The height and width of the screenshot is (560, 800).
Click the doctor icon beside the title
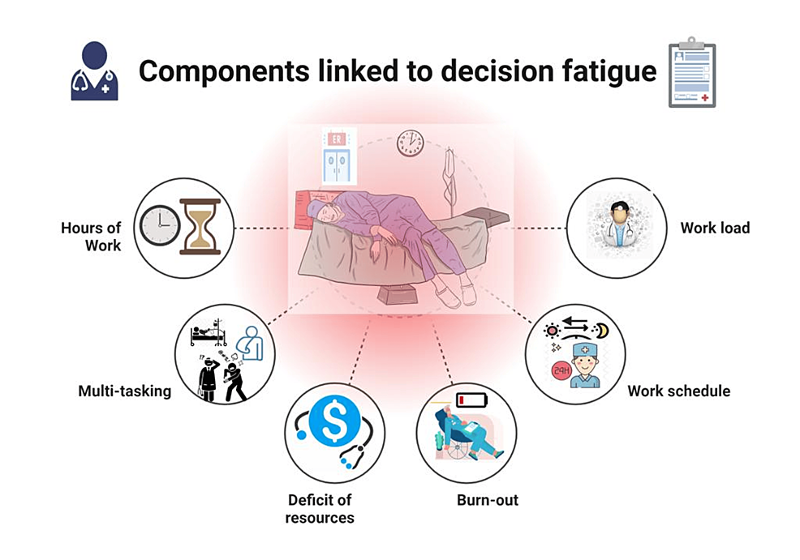point(94,73)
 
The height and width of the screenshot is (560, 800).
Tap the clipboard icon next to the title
point(691,72)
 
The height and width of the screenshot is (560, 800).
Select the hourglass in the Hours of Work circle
point(200,226)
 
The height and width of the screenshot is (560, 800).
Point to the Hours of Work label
point(91,236)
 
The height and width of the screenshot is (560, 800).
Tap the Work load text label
point(715,228)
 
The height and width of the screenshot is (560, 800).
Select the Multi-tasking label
point(125,391)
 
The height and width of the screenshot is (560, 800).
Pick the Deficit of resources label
point(320,508)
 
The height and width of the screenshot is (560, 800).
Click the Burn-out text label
point(488,500)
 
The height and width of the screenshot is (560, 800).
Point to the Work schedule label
point(678,391)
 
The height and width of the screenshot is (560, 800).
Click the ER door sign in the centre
point(336,139)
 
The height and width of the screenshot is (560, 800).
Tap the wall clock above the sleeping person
point(410,143)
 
